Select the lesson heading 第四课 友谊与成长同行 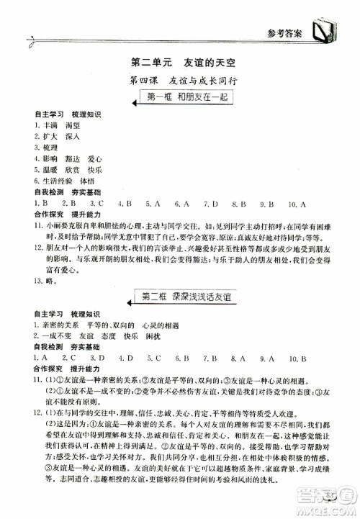(x=180, y=81)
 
